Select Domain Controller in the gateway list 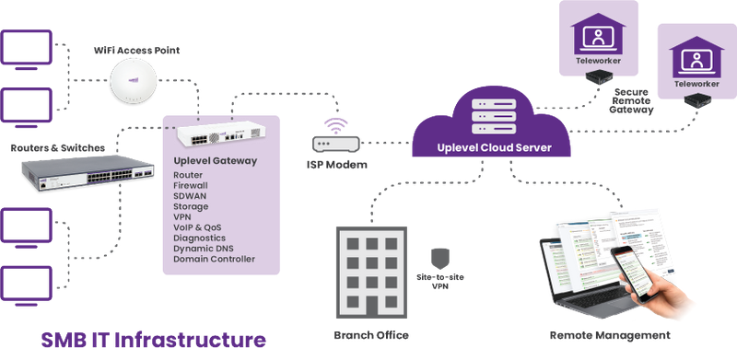tap(213, 259)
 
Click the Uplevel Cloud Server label tap(488, 148)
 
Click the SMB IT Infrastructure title tap(146, 337)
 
